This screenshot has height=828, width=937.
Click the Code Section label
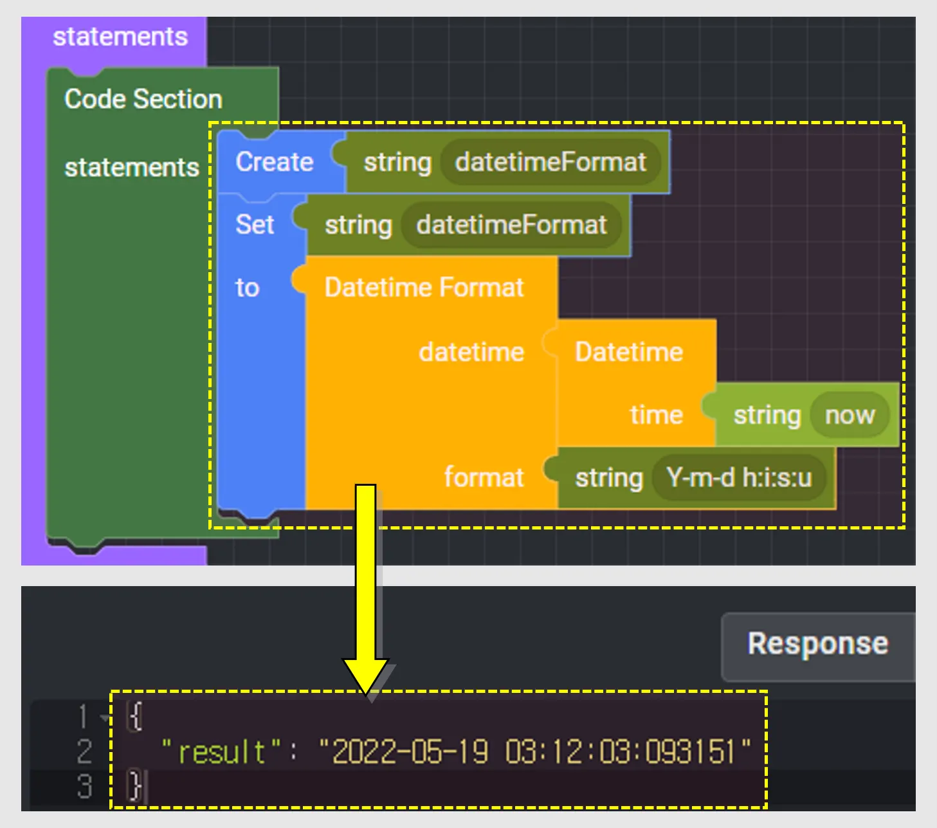coord(143,100)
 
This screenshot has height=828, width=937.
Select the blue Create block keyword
coord(274,162)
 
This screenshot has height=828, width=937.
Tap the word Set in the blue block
coord(255,225)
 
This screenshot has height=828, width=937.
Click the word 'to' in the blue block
coord(247,288)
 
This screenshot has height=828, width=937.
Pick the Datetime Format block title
coord(424,288)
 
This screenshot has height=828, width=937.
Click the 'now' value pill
coord(850,415)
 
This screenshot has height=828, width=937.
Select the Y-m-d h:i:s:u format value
coord(739,478)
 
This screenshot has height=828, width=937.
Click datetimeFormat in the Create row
coord(550,162)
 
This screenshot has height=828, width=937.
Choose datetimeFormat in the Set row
coord(511,225)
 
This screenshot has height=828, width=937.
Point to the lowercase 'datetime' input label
coord(471,352)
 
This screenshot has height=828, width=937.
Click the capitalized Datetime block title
coord(628,352)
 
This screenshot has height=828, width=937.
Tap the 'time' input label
coord(656,415)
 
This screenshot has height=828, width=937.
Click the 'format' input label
coord(484,478)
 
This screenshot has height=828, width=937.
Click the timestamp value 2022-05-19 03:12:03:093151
coord(534,751)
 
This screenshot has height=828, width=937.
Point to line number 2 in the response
coord(84,751)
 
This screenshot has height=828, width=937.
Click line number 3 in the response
coord(84,786)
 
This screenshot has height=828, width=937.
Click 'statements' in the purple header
coord(120,37)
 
